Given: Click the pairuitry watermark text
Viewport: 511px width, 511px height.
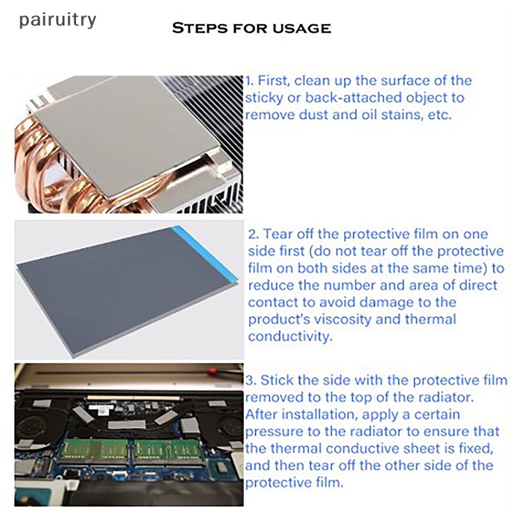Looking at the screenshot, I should (57, 20).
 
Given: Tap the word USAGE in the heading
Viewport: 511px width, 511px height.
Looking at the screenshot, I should (303, 29).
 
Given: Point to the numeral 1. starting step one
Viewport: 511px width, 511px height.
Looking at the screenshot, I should (250, 81).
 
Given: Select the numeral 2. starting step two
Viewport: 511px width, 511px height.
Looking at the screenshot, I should (253, 234).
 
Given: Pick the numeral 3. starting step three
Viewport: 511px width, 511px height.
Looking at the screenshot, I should (251, 381).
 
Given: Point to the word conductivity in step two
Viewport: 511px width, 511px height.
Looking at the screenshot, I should (290, 337).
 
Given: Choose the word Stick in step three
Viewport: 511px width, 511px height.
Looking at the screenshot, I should (278, 381).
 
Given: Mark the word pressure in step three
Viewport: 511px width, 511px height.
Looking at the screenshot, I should (276, 431).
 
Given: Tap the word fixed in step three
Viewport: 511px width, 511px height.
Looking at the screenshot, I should (474, 448).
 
